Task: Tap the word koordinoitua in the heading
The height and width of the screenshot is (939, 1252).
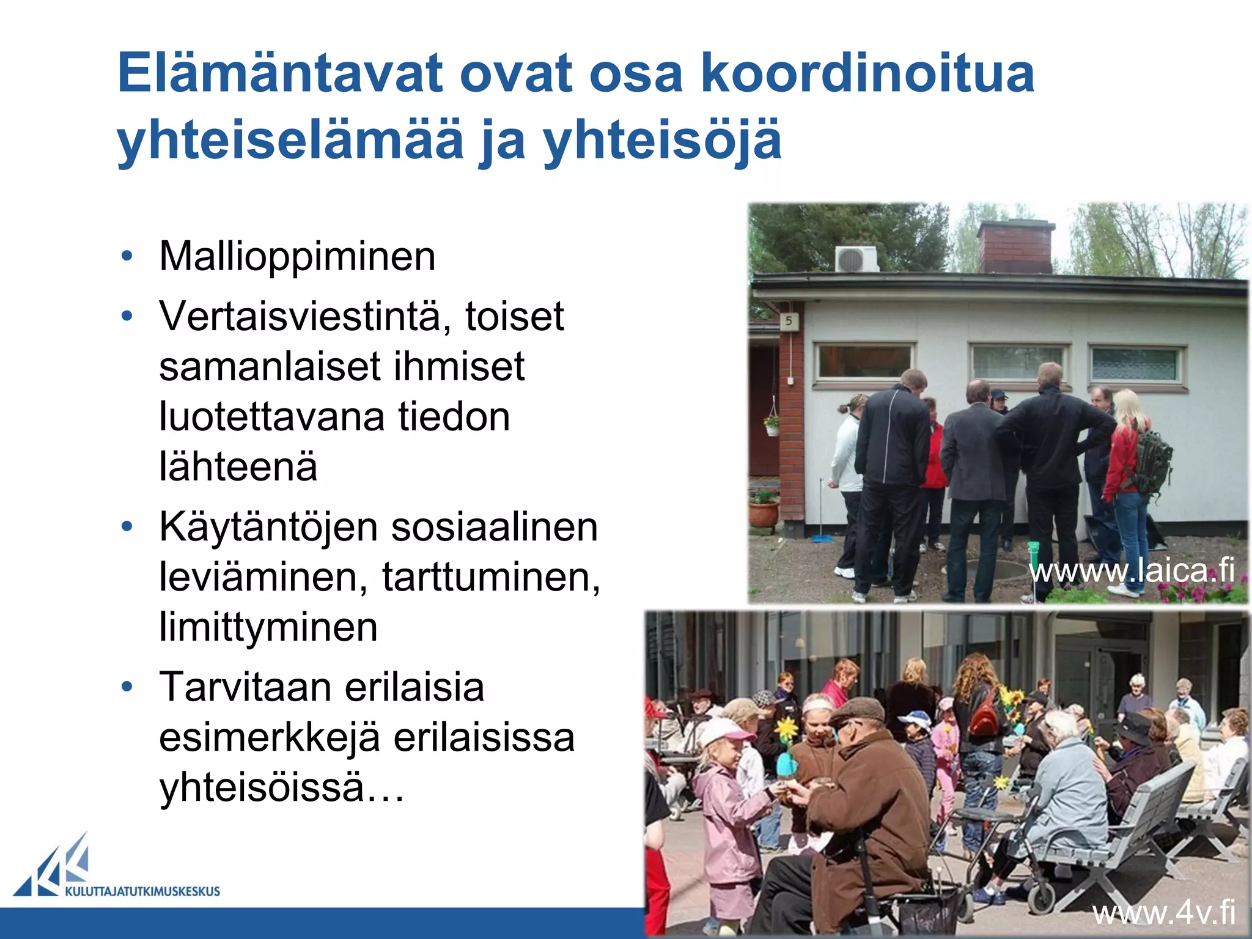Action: tap(867, 73)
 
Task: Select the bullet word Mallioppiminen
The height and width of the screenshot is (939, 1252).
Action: tap(297, 256)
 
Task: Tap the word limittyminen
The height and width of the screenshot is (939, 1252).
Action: tap(268, 627)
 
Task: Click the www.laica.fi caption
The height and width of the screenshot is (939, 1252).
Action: tap(1132, 570)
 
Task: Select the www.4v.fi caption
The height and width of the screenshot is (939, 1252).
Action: tap(1164, 913)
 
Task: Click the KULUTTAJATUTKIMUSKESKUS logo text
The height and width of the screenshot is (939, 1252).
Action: tap(142, 891)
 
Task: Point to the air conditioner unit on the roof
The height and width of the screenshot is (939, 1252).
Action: tap(857, 259)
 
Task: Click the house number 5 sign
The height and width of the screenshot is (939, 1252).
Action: tap(789, 321)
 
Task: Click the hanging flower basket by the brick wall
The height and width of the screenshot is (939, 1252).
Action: tap(772, 423)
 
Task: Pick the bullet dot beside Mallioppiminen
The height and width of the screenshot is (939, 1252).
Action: tap(127, 256)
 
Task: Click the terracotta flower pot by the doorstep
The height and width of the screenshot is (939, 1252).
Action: tap(764, 512)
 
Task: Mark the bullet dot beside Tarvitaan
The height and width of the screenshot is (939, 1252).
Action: tap(127, 687)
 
